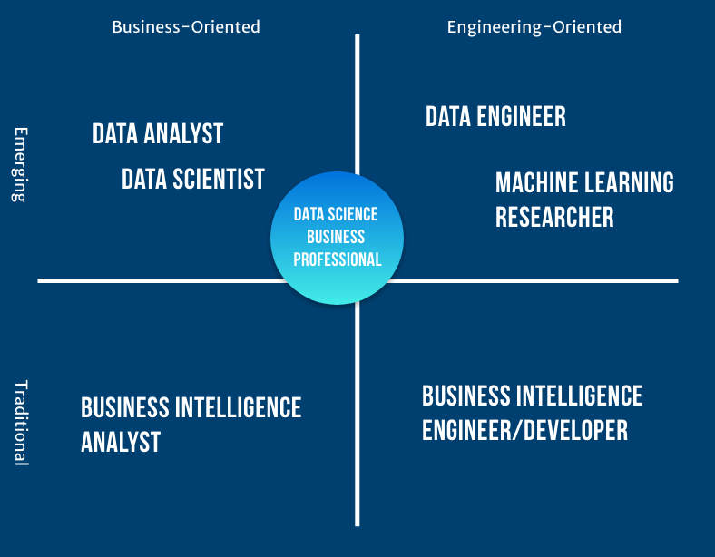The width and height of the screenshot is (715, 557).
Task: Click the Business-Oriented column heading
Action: (x=185, y=27)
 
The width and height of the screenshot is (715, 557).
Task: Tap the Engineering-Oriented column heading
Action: (x=534, y=27)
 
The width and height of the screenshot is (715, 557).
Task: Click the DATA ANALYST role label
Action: (x=158, y=134)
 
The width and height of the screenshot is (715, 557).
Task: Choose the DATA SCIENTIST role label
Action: (x=193, y=179)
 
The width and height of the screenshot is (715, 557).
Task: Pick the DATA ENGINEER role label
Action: (x=495, y=117)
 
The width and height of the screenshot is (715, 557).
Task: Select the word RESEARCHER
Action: (x=554, y=218)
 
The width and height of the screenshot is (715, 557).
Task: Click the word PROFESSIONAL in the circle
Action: (x=337, y=259)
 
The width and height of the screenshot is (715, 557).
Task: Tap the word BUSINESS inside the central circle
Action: (x=336, y=237)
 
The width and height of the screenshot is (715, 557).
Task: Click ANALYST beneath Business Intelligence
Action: (x=121, y=442)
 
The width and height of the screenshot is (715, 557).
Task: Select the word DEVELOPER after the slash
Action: (x=578, y=430)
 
